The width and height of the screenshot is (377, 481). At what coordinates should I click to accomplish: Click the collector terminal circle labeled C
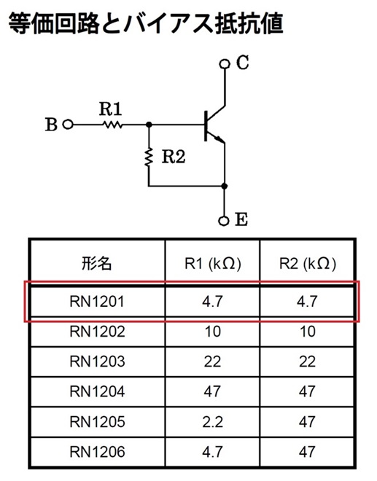point(225,64)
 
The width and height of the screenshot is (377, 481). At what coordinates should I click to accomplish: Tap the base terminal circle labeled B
point(68,125)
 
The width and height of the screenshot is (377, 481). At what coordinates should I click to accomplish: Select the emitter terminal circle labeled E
point(224,221)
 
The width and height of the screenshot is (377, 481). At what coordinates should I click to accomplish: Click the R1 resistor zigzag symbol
point(112,125)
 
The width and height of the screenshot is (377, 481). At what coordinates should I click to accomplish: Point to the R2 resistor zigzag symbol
point(149,157)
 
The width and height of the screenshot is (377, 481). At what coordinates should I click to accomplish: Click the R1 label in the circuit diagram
point(111,109)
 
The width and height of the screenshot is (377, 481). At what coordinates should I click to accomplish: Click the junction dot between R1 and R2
point(149,125)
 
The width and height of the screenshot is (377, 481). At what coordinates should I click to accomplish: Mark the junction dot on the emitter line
point(225,186)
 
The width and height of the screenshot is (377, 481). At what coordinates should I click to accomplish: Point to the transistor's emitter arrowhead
point(219,139)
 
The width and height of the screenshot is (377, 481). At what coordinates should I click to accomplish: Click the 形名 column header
point(97,263)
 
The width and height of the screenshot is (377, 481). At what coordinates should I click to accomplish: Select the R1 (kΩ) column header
point(212,264)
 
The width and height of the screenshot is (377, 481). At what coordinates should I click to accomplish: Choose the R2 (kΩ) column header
point(307,264)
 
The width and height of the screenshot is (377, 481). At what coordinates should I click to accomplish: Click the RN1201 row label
point(97,301)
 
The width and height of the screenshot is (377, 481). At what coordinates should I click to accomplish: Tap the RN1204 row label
point(97,391)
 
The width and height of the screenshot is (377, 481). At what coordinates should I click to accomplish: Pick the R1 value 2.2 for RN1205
point(212,422)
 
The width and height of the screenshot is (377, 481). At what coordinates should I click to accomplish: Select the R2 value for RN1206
point(307,452)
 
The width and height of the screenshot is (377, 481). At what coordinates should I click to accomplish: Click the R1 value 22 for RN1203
point(212,361)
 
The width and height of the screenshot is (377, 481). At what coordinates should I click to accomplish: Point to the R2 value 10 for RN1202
point(307,332)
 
